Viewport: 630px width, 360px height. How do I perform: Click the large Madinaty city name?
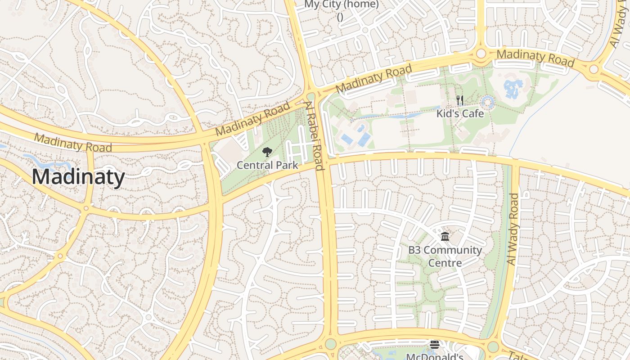(x=78, y=177)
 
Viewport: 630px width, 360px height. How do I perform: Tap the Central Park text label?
(x=267, y=165)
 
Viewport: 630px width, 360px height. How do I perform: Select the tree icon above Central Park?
(x=267, y=152)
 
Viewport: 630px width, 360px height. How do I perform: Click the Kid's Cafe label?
(x=460, y=113)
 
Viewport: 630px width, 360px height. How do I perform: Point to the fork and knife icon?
(x=459, y=100)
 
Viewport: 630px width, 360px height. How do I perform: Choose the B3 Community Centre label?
(x=445, y=256)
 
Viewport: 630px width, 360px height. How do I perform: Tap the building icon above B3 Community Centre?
(x=445, y=237)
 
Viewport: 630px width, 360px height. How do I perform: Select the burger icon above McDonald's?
(x=434, y=345)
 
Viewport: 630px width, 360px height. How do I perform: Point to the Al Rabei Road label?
(x=314, y=136)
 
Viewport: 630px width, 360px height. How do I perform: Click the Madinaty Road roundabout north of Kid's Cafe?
(x=481, y=54)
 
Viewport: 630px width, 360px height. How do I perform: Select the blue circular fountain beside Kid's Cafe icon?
(x=487, y=103)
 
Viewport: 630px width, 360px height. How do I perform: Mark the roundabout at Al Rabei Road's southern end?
(x=331, y=344)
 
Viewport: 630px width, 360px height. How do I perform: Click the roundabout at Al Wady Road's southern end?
(x=493, y=347)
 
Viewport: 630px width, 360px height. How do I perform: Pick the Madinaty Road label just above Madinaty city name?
(x=73, y=143)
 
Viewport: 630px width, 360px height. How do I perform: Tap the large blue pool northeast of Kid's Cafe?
(x=513, y=89)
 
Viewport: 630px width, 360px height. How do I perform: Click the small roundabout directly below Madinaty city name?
(x=86, y=208)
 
